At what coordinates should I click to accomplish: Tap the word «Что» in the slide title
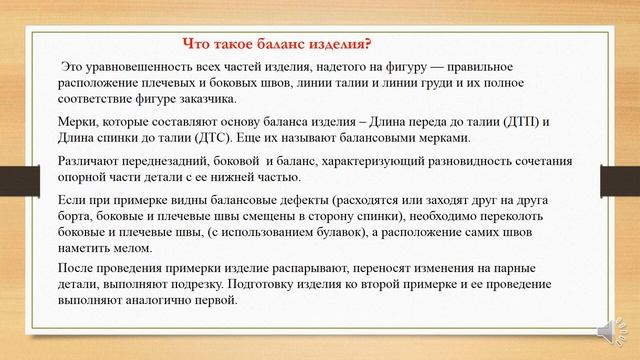pyautogui.click(x=198, y=43)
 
